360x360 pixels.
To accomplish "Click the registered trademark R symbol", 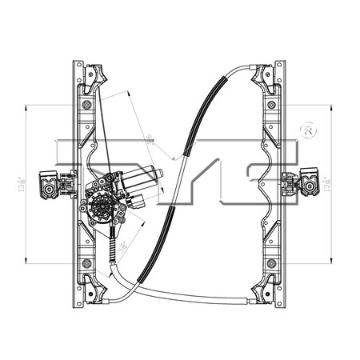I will click(x=308, y=129).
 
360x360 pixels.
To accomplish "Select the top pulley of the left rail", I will click(x=95, y=76).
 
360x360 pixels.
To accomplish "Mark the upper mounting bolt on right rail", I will click(x=272, y=104).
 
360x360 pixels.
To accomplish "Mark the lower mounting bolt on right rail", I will click(x=272, y=262).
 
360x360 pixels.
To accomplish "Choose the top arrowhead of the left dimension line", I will click(x=27, y=106).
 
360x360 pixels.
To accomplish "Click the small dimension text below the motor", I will click(x=122, y=247).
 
